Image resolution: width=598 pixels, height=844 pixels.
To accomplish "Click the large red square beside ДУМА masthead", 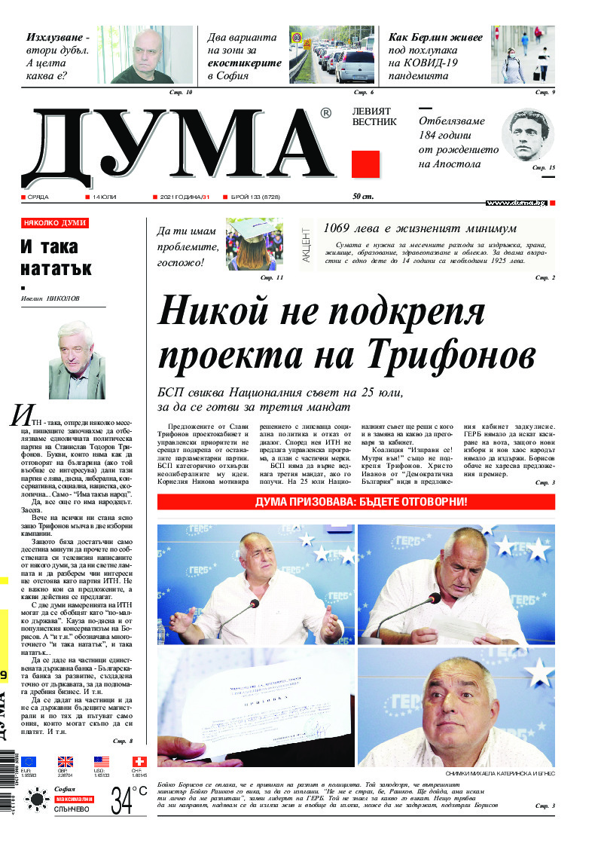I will click(x=365, y=164).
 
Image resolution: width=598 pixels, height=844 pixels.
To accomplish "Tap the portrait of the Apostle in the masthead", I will click(x=527, y=136).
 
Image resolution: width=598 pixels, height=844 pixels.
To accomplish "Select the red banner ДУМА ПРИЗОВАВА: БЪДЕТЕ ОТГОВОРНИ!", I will click(x=355, y=502).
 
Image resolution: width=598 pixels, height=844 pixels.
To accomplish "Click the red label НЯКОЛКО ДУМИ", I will click(x=55, y=223).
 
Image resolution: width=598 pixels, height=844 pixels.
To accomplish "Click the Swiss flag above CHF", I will click(x=139, y=762).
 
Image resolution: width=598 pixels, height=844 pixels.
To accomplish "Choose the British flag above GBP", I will click(x=66, y=762).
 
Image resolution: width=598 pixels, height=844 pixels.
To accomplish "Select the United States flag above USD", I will click(x=102, y=762).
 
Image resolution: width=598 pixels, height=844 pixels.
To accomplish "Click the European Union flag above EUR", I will click(x=29, y=762).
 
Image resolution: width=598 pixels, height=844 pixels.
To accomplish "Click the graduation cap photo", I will click(x=255, y=243).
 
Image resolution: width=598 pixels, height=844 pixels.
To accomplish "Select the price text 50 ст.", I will click(x=363, y=197).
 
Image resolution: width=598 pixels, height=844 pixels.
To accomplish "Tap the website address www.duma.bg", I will click(x=516, y=203).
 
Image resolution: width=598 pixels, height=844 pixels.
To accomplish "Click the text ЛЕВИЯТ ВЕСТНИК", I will click(x=374, y=116).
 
